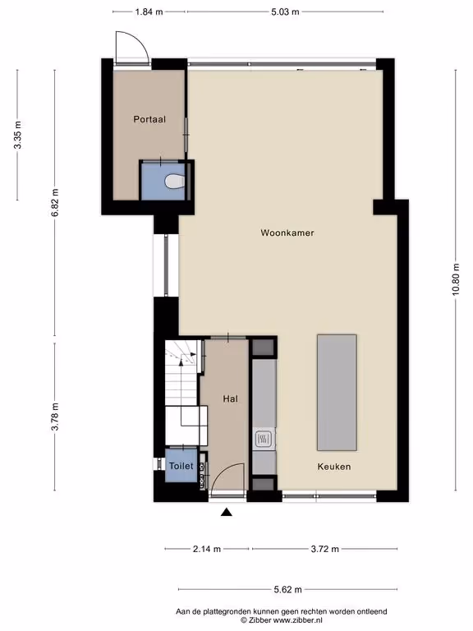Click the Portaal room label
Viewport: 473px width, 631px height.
click(x=149, y=119)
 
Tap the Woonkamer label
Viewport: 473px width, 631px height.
click(x=287, y=233)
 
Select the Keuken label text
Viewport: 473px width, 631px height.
click(x=334, y=467)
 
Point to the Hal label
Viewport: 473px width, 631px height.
click(x=231, y=398)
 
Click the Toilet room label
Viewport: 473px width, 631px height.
click(x=181, y=466)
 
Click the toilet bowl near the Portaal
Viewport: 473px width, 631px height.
click(x=175, y=181)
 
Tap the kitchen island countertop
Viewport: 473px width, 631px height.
click(x=337, y=393)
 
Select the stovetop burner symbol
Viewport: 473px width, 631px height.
click(x=264, y=439)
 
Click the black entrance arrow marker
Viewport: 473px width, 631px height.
click(x=227, y=512)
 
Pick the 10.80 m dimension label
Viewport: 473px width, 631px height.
click(x=455, y=279)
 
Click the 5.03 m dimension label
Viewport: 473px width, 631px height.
click(x=285, y=12)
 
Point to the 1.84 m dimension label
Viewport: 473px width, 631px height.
click(x=149, y=12)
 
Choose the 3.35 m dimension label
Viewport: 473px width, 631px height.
click(x=17, y=135)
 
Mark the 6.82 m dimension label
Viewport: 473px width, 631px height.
click(x=55, y=202)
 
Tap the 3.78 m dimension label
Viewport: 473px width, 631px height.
click(x=55, y=417)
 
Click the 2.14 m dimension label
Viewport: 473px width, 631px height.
click(x=207, y=549)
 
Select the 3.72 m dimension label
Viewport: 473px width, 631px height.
click(x=324, y=549)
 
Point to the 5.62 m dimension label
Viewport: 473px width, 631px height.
click(x=287, y=590)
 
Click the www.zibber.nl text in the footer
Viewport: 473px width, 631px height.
click(x=298, y=620)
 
